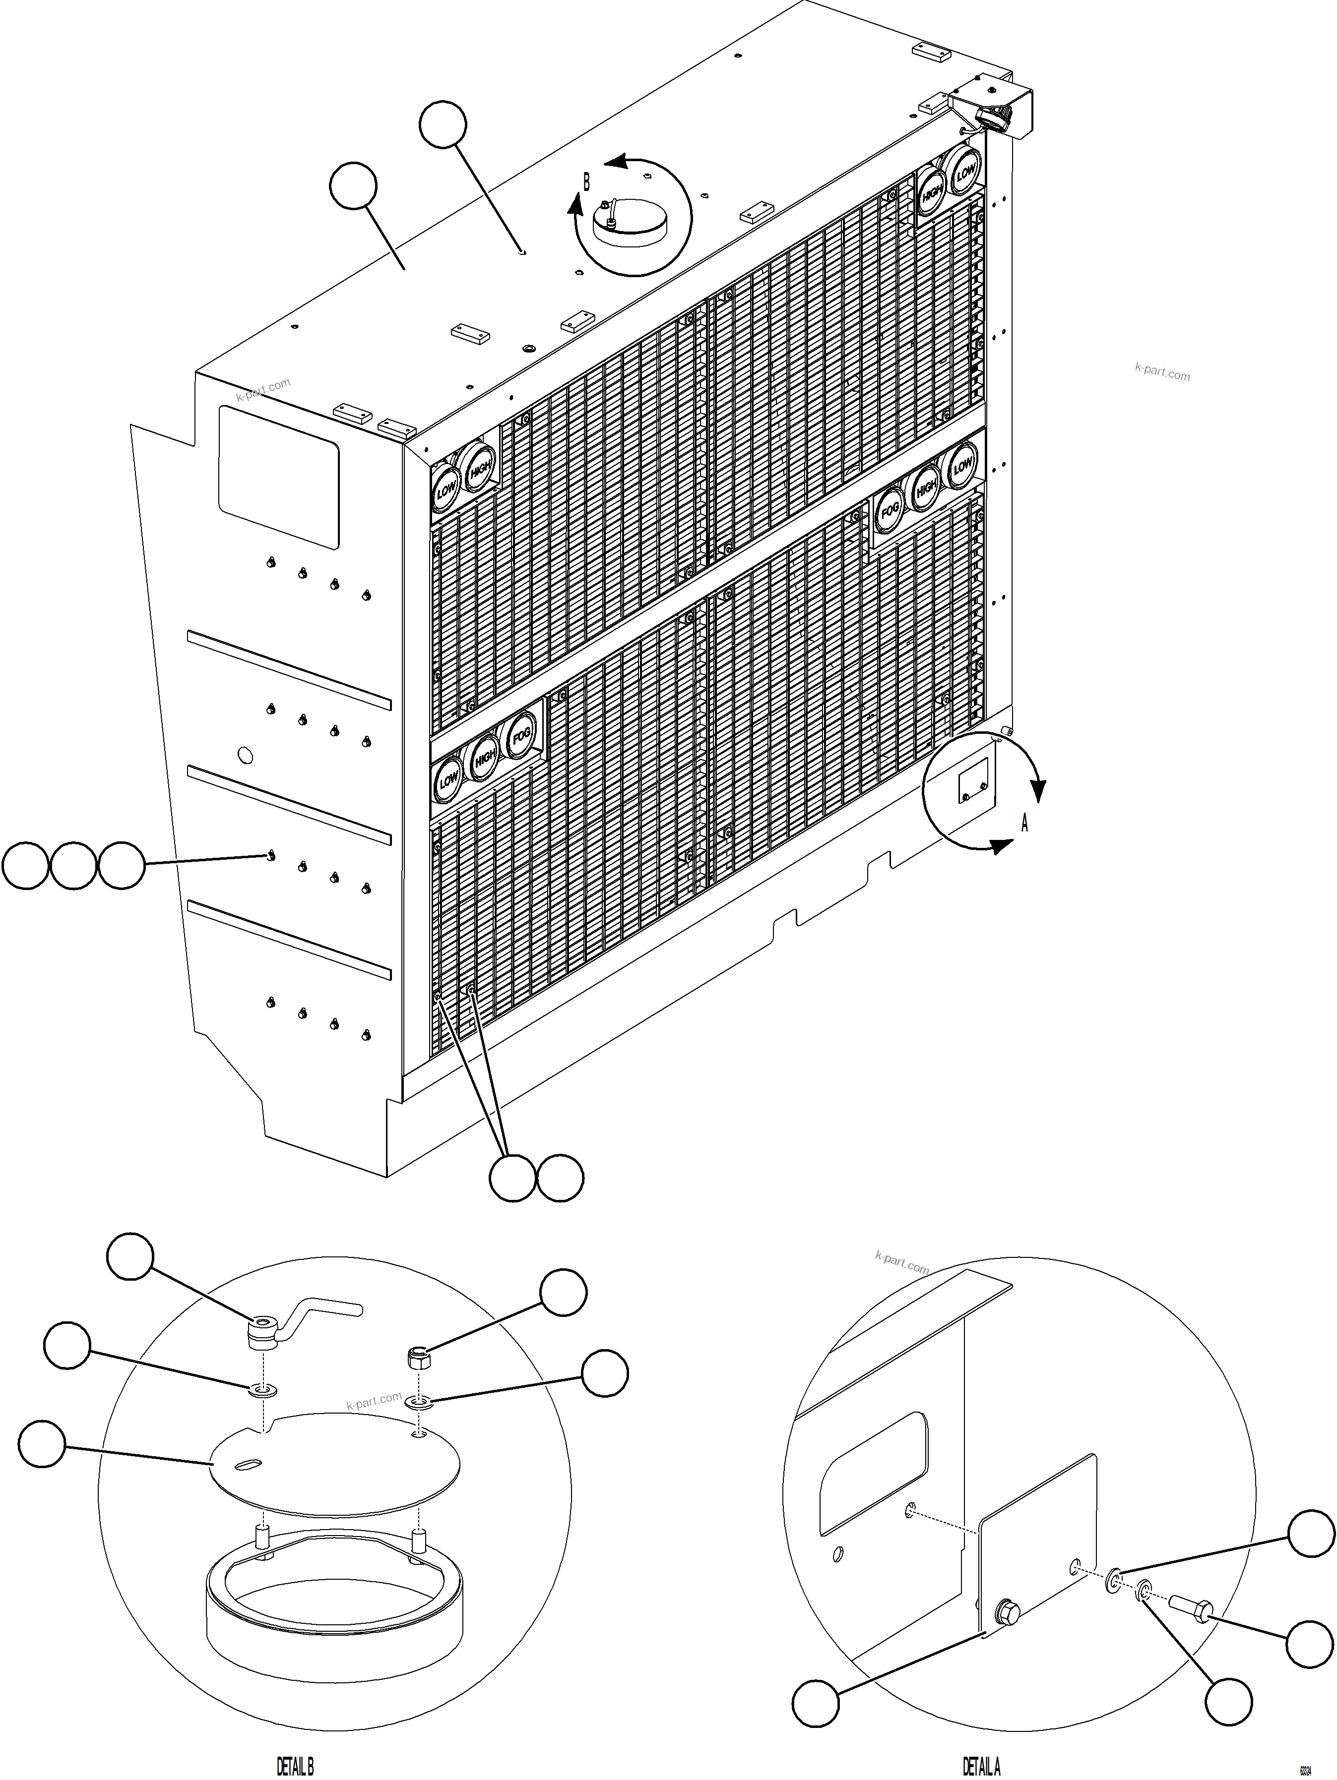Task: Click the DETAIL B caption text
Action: tap(295, 1766)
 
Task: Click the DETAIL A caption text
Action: tap(981, 1766)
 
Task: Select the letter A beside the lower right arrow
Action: tap(1024, 823)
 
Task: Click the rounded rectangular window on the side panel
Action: tap(278, 476)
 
